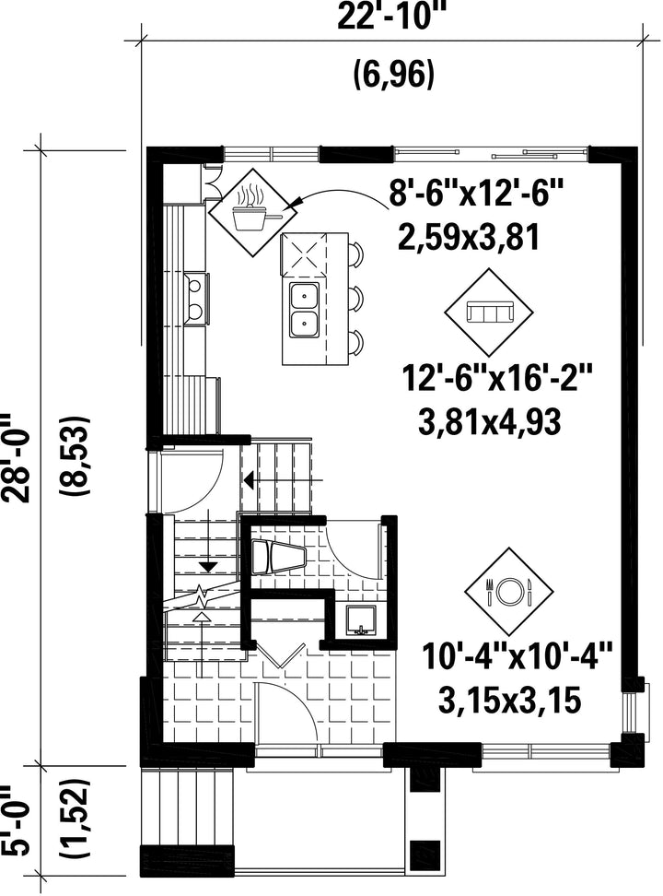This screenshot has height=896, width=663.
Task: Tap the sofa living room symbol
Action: [490, 312]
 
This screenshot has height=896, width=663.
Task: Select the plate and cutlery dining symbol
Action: [508, 592]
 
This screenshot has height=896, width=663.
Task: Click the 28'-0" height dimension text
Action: [16, 457]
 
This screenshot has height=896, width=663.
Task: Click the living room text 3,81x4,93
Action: [489, 422]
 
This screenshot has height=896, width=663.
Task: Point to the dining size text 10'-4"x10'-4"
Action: [518, 656]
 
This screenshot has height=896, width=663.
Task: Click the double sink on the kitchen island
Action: [305, 309]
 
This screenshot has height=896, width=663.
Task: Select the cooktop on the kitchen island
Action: [303, 253]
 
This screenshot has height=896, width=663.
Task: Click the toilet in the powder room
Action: [278, 557]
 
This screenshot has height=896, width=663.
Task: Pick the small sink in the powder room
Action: [360, 621]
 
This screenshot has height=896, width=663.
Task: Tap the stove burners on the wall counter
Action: [196, 297]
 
